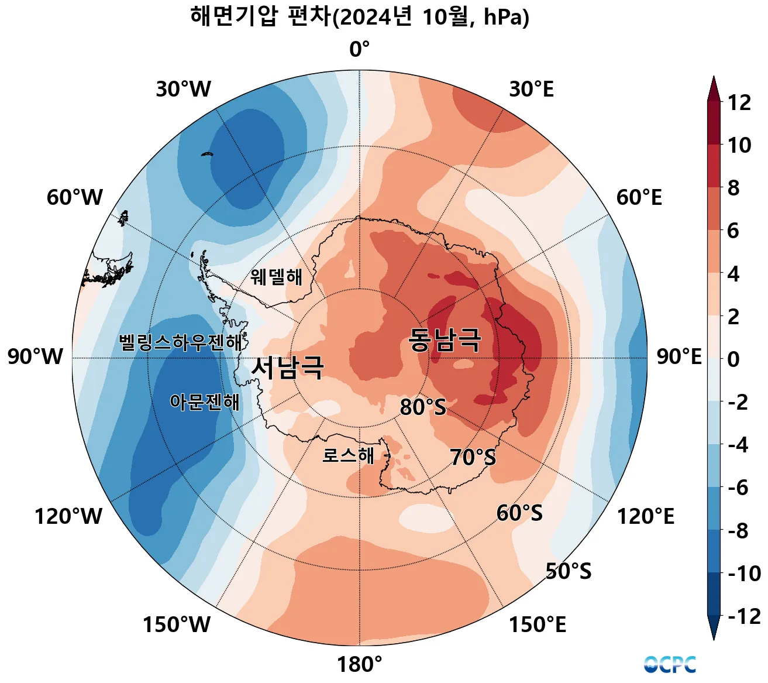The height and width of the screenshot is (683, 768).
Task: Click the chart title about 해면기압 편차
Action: (360, 18)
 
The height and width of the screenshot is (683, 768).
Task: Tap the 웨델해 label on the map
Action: (277, 276)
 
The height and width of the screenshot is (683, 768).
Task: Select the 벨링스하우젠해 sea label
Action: (180, 342)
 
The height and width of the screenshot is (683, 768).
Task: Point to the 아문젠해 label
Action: (204, 402)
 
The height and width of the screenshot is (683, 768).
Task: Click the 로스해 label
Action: (348, 455)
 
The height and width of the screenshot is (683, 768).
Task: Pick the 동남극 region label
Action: (445, 340)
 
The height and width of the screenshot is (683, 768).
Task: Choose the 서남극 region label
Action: (287, 368)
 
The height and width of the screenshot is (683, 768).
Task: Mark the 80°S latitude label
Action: (422, 407)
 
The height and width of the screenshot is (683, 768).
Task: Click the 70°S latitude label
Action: (473, 457)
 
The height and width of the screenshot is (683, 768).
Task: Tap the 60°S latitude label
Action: (519, 513)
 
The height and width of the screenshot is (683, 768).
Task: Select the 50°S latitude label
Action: (568, 571)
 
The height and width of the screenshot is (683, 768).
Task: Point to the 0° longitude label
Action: (360, 50)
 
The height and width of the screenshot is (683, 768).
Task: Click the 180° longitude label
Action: (359, 665)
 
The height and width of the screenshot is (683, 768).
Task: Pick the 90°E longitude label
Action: (679, 356)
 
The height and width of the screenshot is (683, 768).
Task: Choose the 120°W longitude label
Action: (68, 517)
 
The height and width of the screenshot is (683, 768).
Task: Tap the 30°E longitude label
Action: (531, 90)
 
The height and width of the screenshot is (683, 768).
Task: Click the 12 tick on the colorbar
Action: (739, 103)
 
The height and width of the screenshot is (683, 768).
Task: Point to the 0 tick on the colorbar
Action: (733, 359)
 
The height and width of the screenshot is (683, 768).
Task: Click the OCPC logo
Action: (670, 665)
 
